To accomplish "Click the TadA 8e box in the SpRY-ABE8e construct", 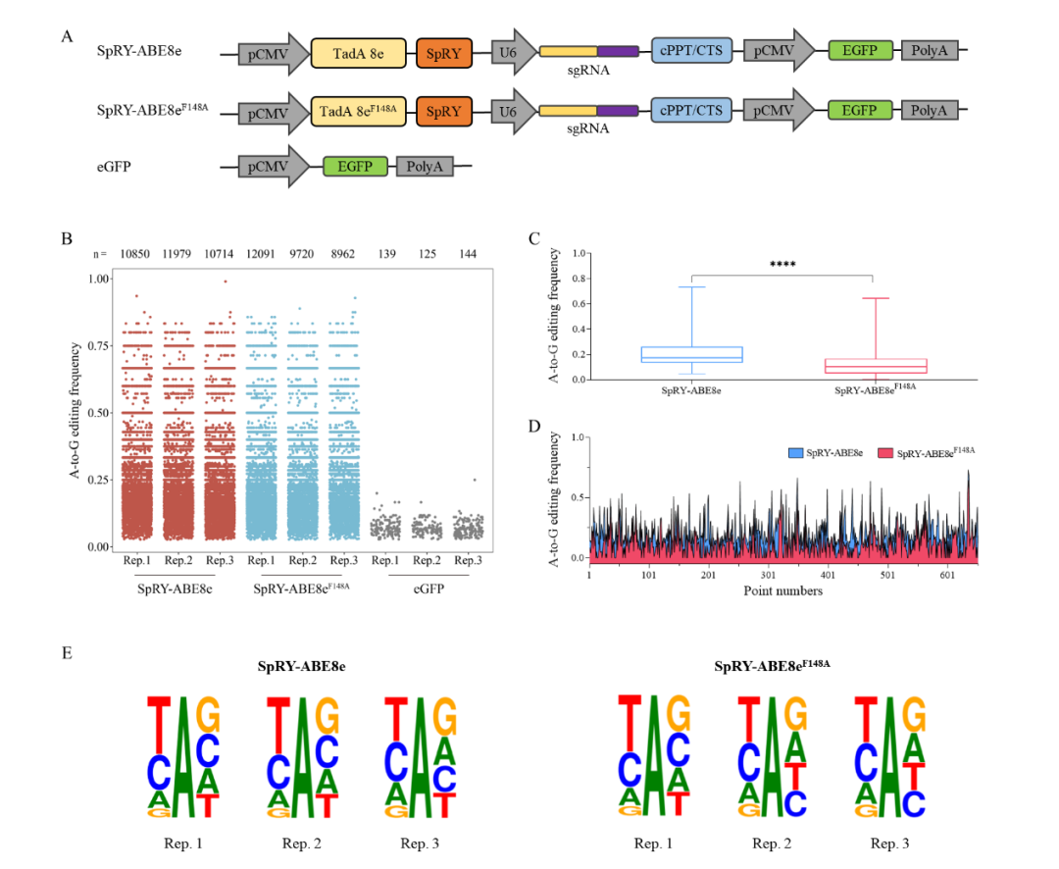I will point(358,53).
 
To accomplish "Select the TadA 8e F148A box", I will point(358,113).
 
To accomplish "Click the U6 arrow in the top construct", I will point(511,53).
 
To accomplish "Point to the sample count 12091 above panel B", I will point(262,255).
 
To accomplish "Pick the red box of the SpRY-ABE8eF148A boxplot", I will point(872,366).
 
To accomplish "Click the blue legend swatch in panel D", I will point(795,453).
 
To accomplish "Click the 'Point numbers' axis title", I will point(782,590).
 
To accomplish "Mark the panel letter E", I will point(67,651).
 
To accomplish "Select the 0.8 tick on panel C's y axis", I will point(579,278).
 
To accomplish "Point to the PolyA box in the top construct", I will point(929,53).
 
